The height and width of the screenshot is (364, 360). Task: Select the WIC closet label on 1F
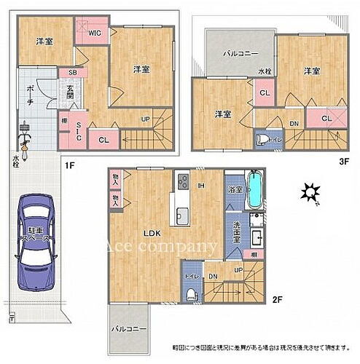[x=94, y=33]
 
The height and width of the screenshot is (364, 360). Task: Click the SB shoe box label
[x=73, y=74]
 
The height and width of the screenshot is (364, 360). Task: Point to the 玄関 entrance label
[x=69, y=93]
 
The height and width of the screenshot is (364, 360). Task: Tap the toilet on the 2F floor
[x=190, y=293]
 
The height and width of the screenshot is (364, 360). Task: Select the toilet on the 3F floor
[x=260, y=139]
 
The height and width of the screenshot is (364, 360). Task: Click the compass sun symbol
[x=311, y=193]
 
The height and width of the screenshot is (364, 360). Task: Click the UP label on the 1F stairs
[x=145, y=119]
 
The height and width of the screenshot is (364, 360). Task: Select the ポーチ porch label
[x=26, y=94]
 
